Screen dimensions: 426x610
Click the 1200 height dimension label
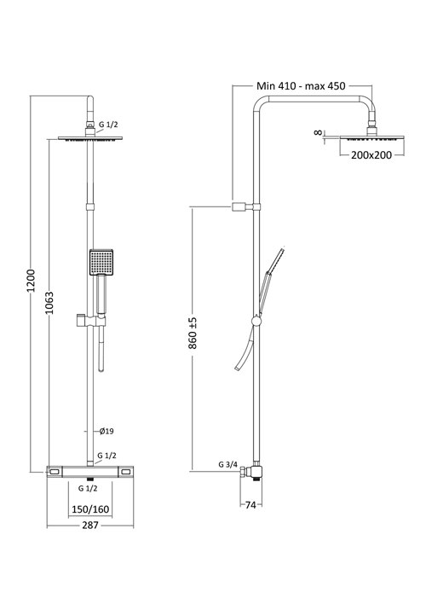[32, 281]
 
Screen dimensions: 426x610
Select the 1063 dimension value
[49, 303]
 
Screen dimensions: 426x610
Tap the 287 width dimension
[90, 526]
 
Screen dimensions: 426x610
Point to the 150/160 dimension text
[90, 508]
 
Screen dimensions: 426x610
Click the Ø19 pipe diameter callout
[106, 431]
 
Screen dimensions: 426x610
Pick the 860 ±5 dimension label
[193, 333]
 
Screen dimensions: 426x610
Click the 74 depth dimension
[250, 505]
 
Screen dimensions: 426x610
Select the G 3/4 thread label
[227, 464]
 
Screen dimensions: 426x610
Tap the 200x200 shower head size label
[371, 155]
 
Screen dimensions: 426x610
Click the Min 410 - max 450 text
[301, 86]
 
